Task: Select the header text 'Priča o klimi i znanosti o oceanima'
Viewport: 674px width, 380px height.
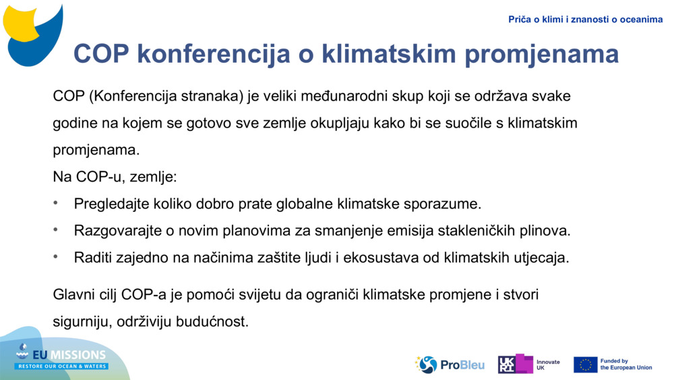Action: coord(585,20)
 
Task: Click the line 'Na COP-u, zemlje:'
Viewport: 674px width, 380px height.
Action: coord(115,177)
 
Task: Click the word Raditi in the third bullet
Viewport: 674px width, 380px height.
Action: coord(94,258)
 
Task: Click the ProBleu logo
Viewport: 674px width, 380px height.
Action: coord(450,364)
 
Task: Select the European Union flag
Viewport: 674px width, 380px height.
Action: coord(585,364)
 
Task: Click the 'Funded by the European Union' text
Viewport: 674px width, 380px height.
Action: coord(625,364)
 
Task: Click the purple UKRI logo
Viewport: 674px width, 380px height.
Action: coord(515,364)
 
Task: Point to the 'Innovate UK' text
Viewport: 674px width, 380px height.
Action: coord(548,364)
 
